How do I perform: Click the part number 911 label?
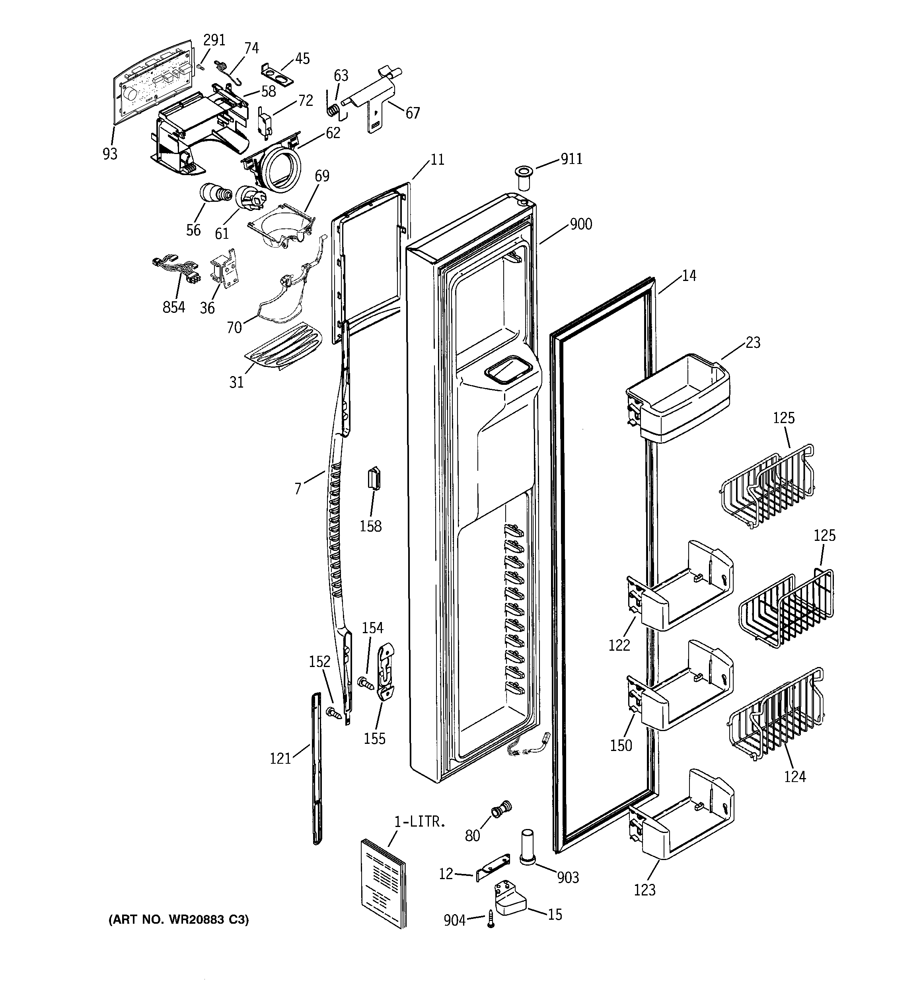coord(571,159)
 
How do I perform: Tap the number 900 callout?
coord(580,224)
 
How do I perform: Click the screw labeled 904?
coord(491,921)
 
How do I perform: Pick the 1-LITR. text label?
coord(420,822)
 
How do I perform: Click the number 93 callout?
coord(110,154)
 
